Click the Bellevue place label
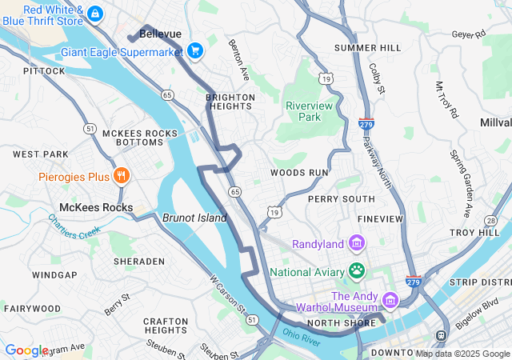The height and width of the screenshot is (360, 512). tap(160, 34)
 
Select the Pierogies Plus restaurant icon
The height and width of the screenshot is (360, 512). tap(121, 176)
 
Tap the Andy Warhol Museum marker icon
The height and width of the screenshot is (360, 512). tap(390, 301)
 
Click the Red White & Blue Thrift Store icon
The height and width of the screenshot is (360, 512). tap(95, 14)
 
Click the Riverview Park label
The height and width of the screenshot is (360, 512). tap(303, 110)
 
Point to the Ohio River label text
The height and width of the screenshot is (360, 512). tap(301, 334)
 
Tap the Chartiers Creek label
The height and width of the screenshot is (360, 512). tap(74, 224)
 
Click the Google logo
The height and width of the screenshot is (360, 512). tap(26, 350)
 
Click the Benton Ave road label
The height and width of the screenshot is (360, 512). tap(238, 60)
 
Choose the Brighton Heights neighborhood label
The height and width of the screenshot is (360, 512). tap(230, 102)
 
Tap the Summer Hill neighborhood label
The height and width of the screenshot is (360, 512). tap(367, 48)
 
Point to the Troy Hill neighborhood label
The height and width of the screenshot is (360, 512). tap(474, 232)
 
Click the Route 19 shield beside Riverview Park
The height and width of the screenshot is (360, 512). tap(325, 78)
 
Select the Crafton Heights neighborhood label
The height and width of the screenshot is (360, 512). tap(166, 326)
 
